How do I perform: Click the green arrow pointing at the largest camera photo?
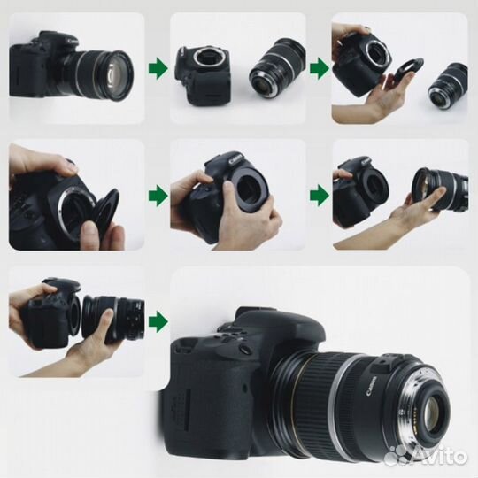(x=157, y=321)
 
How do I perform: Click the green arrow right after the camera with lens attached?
(x=157, y=66)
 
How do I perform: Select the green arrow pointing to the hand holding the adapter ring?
(x=318, y=66)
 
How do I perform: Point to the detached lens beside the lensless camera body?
(x=277, y=66)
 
